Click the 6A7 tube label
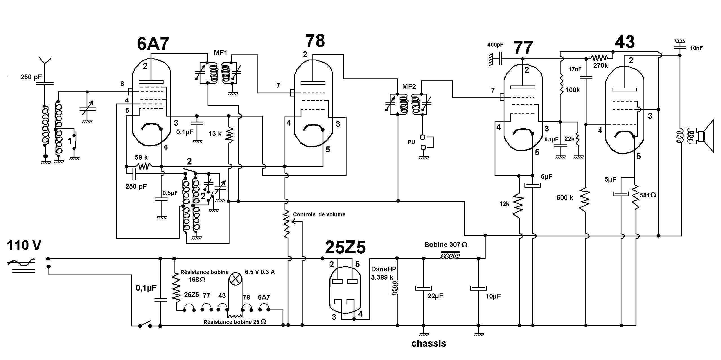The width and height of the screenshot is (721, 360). (x=153, y=44)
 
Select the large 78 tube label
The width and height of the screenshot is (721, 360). (x=315, y=41)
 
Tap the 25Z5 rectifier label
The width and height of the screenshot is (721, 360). (x=345, y=247)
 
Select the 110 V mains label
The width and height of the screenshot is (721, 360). (x=24, y=245)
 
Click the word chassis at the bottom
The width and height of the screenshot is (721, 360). (x=429, y=343)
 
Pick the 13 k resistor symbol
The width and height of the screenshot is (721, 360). (x=229, y=135)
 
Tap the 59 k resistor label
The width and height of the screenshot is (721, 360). (x=141, y=157)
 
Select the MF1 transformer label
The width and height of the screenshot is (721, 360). (x=221, y=53)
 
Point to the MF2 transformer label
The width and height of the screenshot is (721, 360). (x=409, y=87)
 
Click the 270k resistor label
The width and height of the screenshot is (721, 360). (x=600, y=65)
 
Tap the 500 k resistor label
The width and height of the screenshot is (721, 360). (x=565, y=198)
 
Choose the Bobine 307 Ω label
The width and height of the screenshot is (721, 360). (x=446, y=245)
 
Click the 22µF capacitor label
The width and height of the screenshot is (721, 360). (x=435, y=296)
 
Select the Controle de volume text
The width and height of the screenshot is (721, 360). (x=319, y=214)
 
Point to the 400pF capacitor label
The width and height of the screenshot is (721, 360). (x=495, y=45)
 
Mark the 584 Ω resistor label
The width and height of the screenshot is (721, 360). (x=648, y=195)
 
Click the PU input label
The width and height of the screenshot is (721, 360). (x=411, y=142)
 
